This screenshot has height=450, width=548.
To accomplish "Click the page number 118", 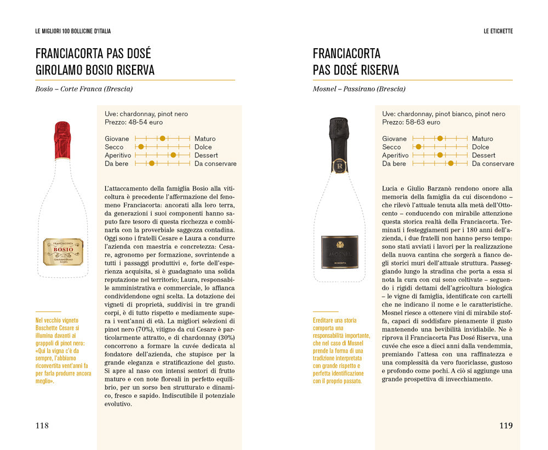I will click(x=42, y=425).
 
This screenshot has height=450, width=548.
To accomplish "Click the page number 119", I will click(x=506, y=425).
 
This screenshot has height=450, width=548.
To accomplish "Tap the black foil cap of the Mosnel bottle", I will click(x=339, y=137).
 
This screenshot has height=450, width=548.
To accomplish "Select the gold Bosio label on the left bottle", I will click(x=63, y=252).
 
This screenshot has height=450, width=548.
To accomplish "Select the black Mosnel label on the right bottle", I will click(x=340, y=252).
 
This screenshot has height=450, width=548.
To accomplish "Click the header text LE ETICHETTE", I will click(x=498, y=31).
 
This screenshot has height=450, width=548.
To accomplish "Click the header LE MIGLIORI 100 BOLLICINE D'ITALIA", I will click(x=73, y=31).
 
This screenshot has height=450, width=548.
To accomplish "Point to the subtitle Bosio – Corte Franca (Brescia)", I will click(x=84, y=89).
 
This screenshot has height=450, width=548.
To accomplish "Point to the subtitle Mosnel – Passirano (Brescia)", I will click(x=359, y=89).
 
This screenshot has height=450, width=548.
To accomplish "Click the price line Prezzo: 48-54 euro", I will click(x=134, y=122).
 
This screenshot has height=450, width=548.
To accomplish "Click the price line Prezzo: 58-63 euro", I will click(x=411, y=122).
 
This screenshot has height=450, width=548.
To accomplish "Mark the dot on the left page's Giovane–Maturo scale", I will click(x=162, y=139).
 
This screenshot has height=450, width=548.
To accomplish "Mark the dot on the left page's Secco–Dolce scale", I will click(x=141, y=147).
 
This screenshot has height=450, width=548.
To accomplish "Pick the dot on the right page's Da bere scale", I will click(x=450, y=163).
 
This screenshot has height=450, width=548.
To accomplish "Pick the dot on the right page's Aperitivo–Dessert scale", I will click(x=439, y=155).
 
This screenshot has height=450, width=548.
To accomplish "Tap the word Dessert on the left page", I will click(x=206, y=155).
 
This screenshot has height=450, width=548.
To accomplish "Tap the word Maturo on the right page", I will click(x=482, y=139).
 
